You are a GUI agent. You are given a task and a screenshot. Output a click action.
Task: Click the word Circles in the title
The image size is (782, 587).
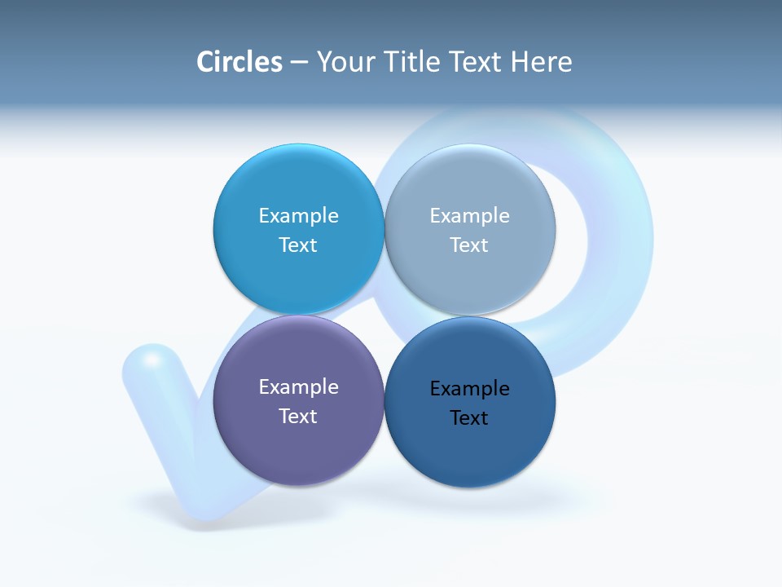(x=239, y=62)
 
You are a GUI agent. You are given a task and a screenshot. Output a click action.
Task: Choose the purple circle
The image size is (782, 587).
(x=298, y=448)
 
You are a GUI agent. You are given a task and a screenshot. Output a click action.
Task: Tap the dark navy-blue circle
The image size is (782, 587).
(x=470, y=452)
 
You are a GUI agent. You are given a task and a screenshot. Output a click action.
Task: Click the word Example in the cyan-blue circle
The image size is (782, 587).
(x=298, y=216)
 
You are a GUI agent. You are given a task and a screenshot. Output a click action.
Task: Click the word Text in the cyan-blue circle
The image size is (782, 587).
(x=298, y=245)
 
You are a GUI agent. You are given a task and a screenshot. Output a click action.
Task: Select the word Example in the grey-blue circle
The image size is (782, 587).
(x=469, y=216)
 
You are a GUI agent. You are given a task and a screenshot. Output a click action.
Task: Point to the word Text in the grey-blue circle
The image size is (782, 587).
(x=469, y=245)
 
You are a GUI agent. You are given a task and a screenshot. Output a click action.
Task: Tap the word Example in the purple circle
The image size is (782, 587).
(x=298, y=387)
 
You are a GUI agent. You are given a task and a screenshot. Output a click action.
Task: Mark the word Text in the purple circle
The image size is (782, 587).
(x=298, y=417)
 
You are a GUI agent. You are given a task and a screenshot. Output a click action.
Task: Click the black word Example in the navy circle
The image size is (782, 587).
(x=469, y=389)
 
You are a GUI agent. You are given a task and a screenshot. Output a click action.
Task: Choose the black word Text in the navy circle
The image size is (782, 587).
(x=469, y=418)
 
